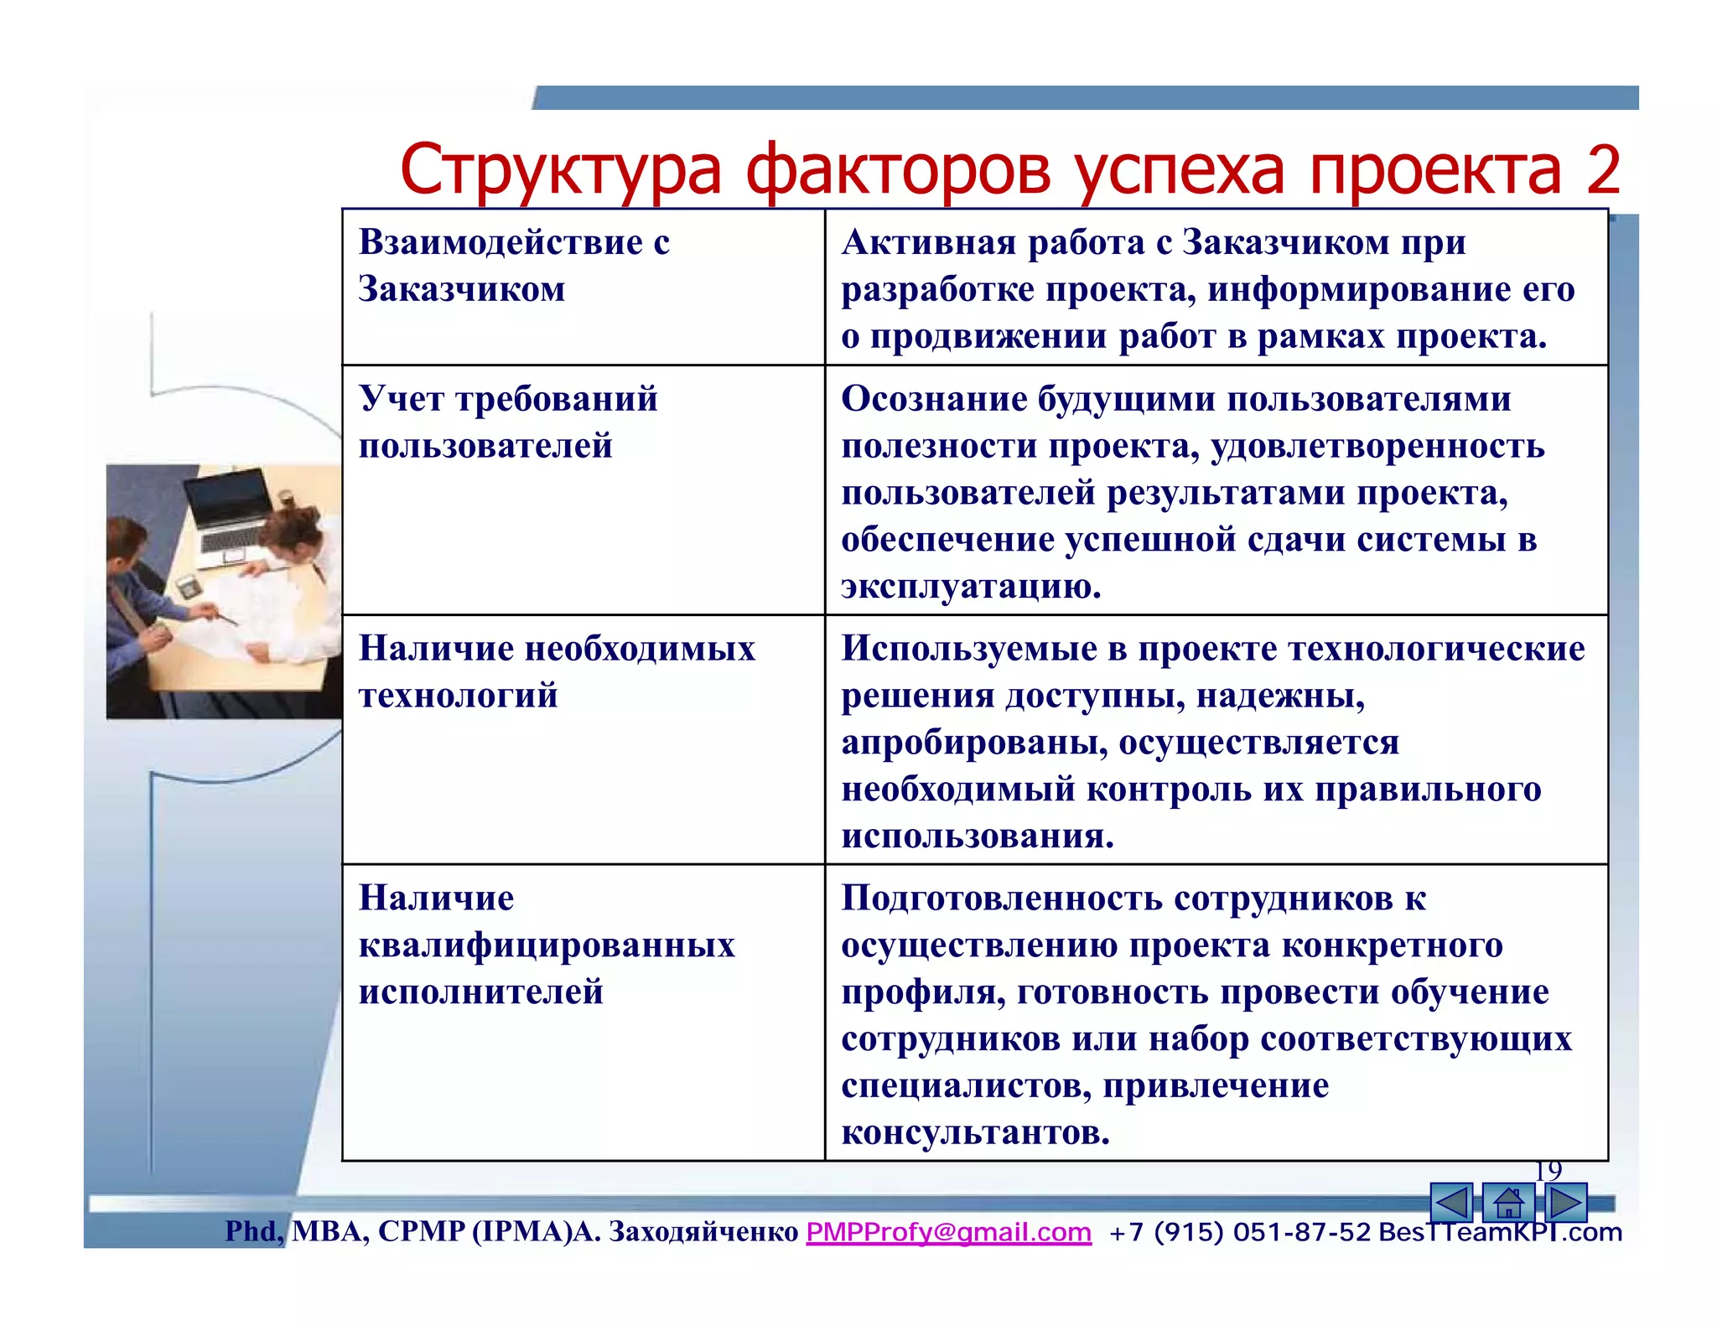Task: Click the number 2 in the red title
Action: pyautogui.click(x=1600, y=170)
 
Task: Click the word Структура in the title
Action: pyautogui.click(x=560, y=170)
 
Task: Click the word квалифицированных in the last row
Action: pyautogui.click(x=547, y=945)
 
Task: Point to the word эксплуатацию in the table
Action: pyautogui.click(x=970, y=586)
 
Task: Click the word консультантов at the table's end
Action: pyautogui.click(x=975, y=1132)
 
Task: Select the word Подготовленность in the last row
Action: pyautogui.click(x=1002, y=899)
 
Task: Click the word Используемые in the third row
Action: pyautogui.click(x=968, y=649)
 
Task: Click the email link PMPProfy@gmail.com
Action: pyautogui.click(x=948, y=1232)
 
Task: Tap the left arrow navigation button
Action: pyautogui.click(x=1451, y=1203)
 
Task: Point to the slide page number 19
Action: pyautogui.click(x=1548, y=1170)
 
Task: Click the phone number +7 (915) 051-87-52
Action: pyautogui.click(x=1239, y=1232)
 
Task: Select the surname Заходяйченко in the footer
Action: pyautogui.click(x=703, y=1231)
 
